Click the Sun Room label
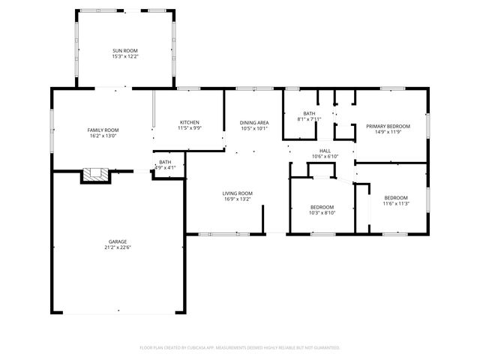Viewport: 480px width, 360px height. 125,50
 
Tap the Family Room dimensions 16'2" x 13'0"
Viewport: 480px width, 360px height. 103,136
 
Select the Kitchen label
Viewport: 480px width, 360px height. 188,122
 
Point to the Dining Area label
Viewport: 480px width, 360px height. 254,122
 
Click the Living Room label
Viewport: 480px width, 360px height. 237,193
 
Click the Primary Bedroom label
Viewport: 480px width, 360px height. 388,126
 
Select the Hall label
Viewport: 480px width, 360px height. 325,150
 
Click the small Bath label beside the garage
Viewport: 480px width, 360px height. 165,162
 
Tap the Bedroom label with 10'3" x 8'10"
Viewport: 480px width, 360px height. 322,206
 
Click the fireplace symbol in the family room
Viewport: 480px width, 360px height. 95,175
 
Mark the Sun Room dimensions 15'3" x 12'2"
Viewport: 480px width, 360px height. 125,57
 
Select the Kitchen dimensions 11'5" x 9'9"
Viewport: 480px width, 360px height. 188,128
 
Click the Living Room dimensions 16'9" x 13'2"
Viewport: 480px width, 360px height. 237,199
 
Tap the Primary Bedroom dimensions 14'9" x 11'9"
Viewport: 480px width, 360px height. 388,132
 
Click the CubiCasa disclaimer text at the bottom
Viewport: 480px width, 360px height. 240,347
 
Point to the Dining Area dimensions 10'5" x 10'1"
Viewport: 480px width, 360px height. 254,128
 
